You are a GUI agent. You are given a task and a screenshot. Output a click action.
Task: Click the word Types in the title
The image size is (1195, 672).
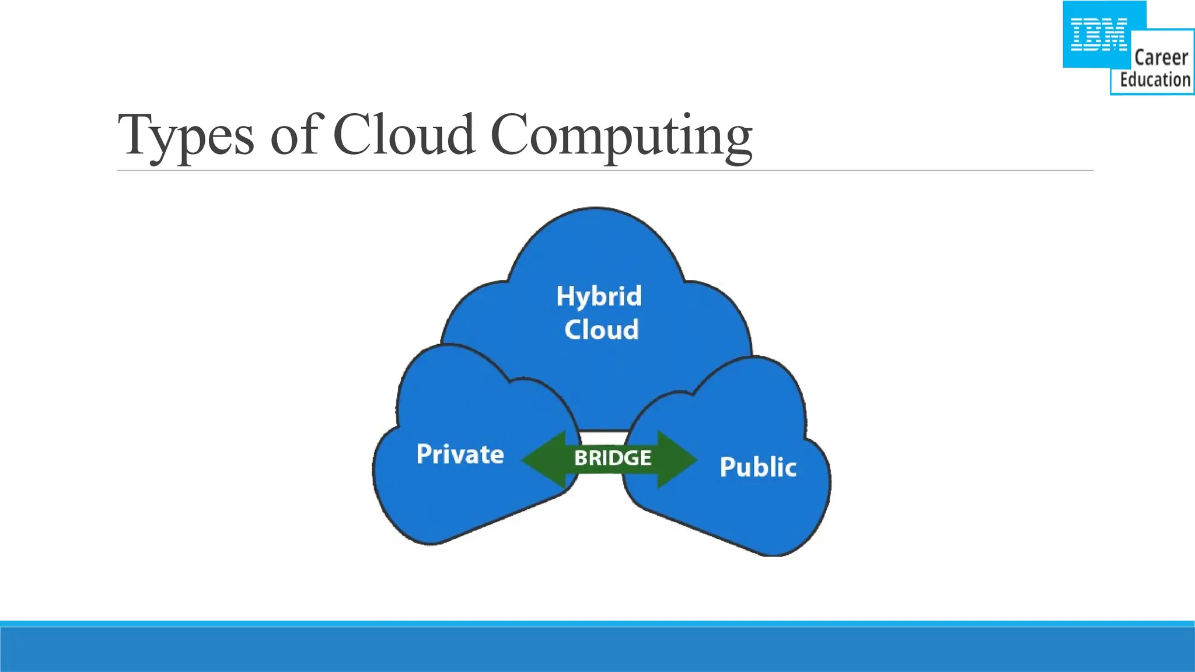click(x=186, y=135)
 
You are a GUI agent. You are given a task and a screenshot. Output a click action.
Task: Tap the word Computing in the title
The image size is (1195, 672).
click(x=621, y=135)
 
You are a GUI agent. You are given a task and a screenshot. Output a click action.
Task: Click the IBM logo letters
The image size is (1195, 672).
click(x=1099, y=35)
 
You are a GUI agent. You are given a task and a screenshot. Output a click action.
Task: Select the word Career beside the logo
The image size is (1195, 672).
click(x=1161, y=58)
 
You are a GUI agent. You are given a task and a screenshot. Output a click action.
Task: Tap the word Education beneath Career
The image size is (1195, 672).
click(x=1155, y=80)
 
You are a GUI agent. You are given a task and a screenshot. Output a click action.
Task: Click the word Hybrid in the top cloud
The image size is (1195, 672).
click(x=599, y=296)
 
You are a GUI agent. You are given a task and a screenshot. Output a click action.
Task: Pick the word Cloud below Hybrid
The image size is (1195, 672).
click(x=602, y=330)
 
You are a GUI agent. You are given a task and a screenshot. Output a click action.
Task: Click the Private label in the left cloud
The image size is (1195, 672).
click(x=460, y=454)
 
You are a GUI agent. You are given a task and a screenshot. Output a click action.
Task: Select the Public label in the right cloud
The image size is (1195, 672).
click(x=758, y=467)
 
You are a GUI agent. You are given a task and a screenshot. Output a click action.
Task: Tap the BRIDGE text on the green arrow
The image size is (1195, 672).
click(x=613, y=458)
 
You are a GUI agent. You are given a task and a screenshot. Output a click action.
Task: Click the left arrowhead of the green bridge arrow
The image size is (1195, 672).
click(x=543, y=459)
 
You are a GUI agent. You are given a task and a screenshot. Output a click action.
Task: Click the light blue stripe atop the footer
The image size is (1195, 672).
click(x=597, y=624)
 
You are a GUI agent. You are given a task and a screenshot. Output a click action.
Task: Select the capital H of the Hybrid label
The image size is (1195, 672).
click(x=565, y=296)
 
